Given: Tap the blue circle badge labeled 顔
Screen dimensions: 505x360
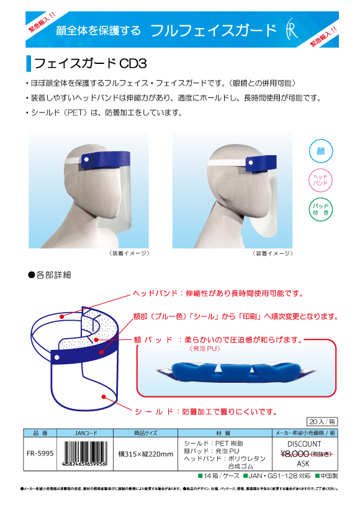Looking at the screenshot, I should point(321,151).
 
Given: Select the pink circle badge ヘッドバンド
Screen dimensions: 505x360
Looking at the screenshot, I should point(321,181).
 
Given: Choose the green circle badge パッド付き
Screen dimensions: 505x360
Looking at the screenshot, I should point(321,209).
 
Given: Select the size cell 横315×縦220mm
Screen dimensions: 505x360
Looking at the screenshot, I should point(146,454).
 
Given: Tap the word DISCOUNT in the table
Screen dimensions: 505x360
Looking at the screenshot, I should point(304,444).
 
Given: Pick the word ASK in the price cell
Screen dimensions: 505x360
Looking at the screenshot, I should point(304,463).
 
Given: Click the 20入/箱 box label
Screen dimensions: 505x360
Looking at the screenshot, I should point(322,421).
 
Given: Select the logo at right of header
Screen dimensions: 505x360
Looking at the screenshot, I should point(290,30).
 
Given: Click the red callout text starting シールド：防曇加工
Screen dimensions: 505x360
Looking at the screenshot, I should point(205,411).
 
